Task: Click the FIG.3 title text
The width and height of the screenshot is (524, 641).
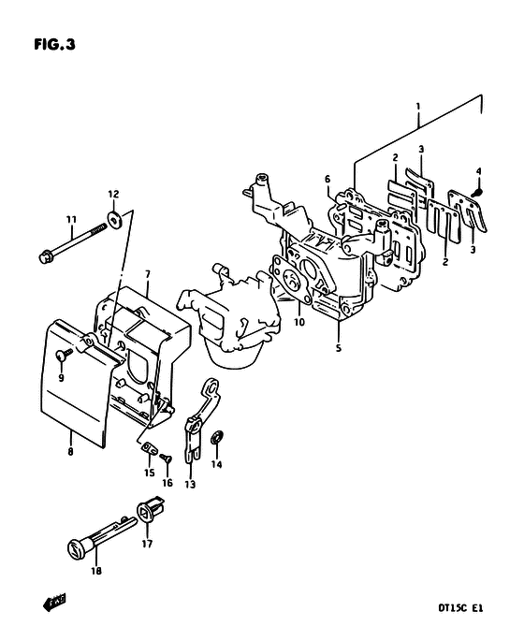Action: pos(55,44)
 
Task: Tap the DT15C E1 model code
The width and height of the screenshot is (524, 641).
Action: pos(460,608)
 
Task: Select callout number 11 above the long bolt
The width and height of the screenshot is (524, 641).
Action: pos(71,220)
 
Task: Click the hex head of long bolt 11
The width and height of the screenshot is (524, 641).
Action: pos(45,257)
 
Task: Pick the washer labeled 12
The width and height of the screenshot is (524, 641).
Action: pos(113,219)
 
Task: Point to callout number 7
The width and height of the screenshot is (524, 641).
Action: pos(147,273)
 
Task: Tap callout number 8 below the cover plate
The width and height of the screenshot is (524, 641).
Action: pos(71,452)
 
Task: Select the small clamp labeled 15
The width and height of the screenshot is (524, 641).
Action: pos(149,449)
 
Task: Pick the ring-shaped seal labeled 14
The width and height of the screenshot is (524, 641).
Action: pos(217,438)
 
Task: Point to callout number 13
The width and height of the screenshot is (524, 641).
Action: pos(190,485)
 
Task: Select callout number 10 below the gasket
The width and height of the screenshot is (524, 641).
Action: pos(299,322)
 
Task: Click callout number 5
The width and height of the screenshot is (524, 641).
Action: pos(339,348)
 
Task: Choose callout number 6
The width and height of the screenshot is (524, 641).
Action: pos(327,179)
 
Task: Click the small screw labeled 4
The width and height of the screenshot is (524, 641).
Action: pos(477,191)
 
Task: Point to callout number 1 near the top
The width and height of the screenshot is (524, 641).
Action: pos(417,107)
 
